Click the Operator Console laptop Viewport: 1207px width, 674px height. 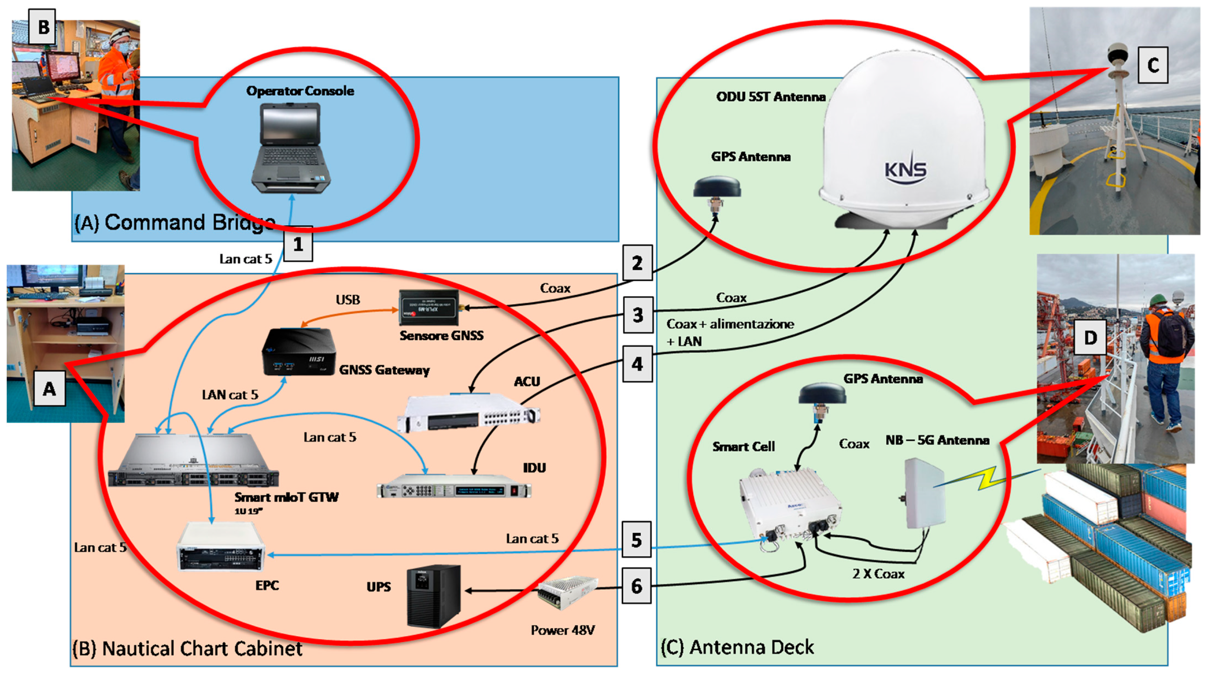point(291,148)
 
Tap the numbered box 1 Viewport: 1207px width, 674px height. point(298,244)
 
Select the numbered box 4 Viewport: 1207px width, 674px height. point(637,364)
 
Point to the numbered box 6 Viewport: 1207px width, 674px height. point(636,585)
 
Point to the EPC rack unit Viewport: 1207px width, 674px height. point(220,546)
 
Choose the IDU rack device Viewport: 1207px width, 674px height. point(454,490)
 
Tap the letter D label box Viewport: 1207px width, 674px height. point(1090,337)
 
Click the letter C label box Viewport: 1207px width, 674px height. point(1153,65)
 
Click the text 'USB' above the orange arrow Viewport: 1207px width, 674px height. point(348,299)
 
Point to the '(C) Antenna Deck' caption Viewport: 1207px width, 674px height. point(737,647)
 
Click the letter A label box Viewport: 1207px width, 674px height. point(49,389)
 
